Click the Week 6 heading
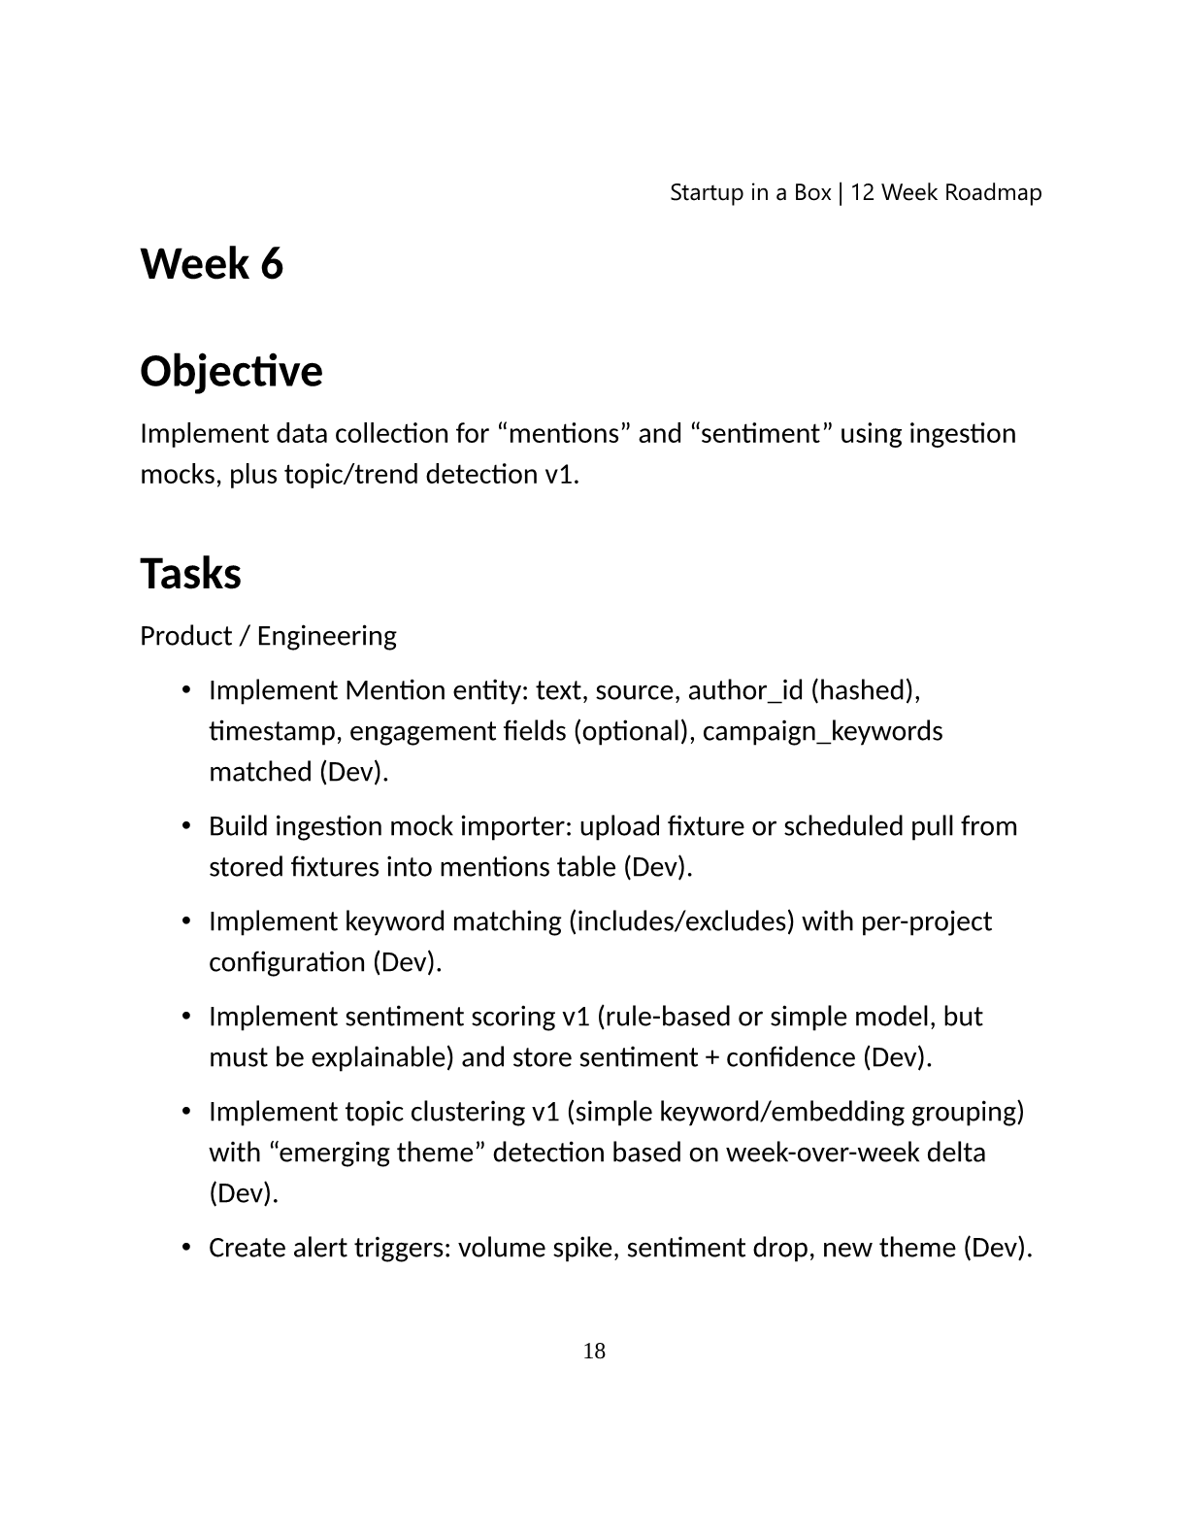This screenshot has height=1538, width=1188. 212,264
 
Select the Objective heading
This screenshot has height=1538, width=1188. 231,371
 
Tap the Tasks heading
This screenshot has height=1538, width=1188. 190,574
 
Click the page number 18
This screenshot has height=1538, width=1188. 594,1351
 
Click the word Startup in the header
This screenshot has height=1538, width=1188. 707,192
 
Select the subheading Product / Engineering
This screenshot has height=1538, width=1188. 268,636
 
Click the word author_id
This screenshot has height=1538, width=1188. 745,690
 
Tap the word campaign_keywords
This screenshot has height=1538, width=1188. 822,731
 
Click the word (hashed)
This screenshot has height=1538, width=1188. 865,690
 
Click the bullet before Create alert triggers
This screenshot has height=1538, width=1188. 185,1247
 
